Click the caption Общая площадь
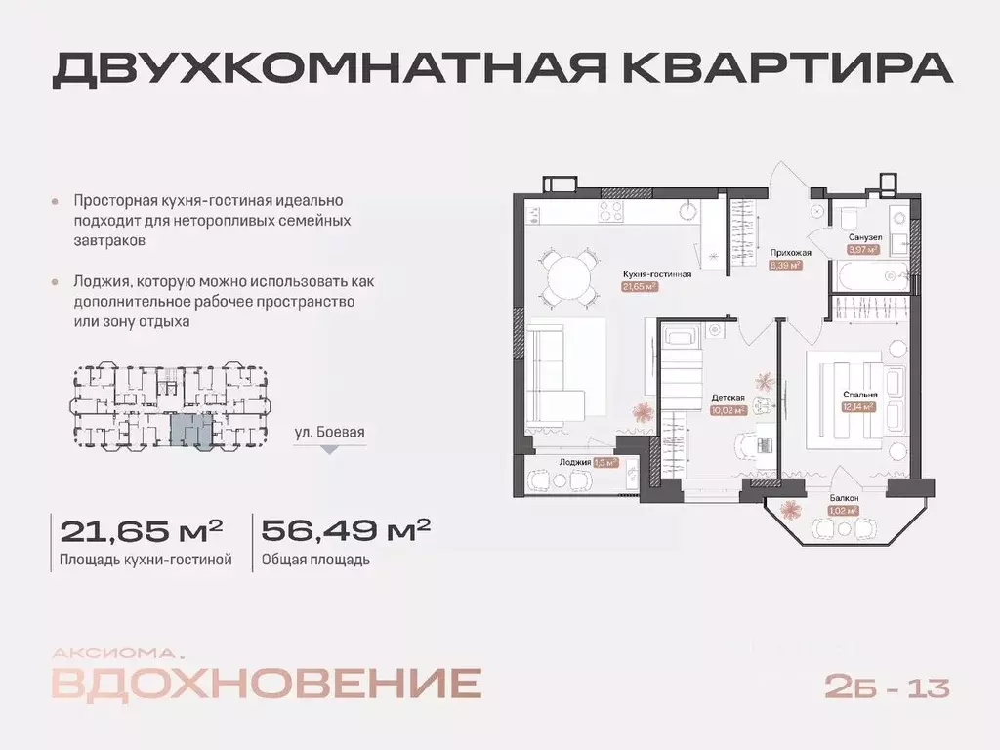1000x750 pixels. (315, 561)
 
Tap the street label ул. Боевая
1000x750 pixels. (329, 430)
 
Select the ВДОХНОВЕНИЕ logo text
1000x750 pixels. (266, 684)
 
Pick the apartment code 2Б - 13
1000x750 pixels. (887, 687)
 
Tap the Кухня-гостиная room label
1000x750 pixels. (656, 274)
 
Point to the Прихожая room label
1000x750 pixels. (790, 253)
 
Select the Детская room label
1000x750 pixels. (729, 398)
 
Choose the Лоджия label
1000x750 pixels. (574, 463)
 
